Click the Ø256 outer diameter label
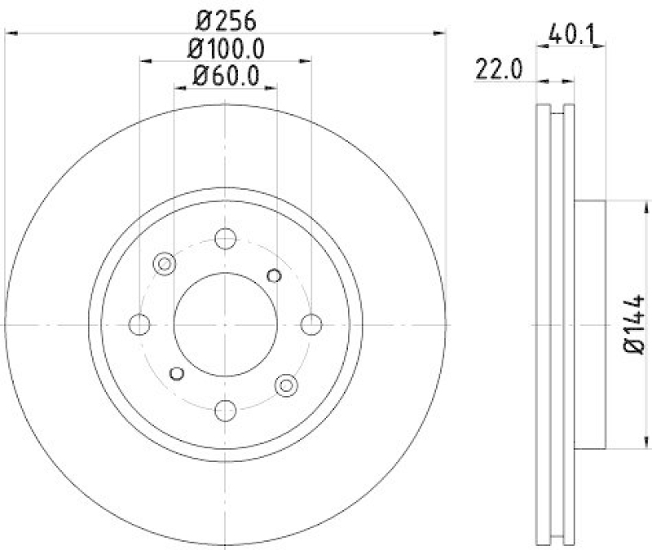(x=226, y=17)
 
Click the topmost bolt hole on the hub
(x=226, y=239)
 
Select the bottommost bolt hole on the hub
(x=226, y=410)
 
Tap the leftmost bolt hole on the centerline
(x=140, y=324)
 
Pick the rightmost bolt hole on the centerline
(x=311, y=324)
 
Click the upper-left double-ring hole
(x=165, y=263)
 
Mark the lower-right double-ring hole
(x=286, y=385)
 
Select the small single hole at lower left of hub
(x=176, y=373)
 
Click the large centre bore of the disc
(x=226, y=324)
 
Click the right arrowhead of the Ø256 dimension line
(x=442, y=33)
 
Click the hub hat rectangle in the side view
(x=590, y=324)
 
